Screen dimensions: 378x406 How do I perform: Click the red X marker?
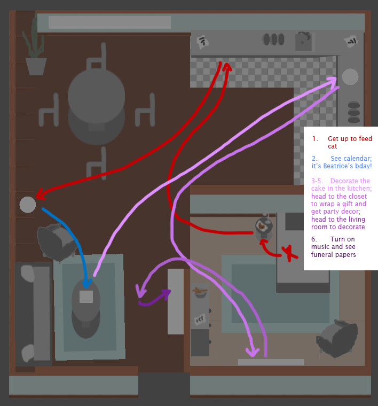[x=289, y=253]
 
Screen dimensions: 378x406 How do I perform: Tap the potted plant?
[x=35, y=53]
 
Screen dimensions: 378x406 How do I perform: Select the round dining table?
[x=96, y=96]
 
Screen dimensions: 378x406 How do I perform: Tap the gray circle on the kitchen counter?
[x=350, y=76]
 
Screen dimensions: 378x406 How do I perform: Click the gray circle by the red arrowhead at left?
[x=28, y=204]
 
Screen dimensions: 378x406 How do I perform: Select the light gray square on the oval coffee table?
[x=86, y=297]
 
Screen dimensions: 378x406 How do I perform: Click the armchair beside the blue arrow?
[x=56, y=241]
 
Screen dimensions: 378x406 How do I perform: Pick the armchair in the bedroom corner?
[x=337, y=338]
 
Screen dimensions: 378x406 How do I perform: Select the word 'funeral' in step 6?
[x=322, y=255]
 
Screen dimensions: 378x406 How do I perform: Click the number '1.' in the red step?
[x=316, y=139]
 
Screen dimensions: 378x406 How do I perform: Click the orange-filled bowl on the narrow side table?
[x=200, y=292]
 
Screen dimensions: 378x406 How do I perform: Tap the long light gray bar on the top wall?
[x=109, y=22]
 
